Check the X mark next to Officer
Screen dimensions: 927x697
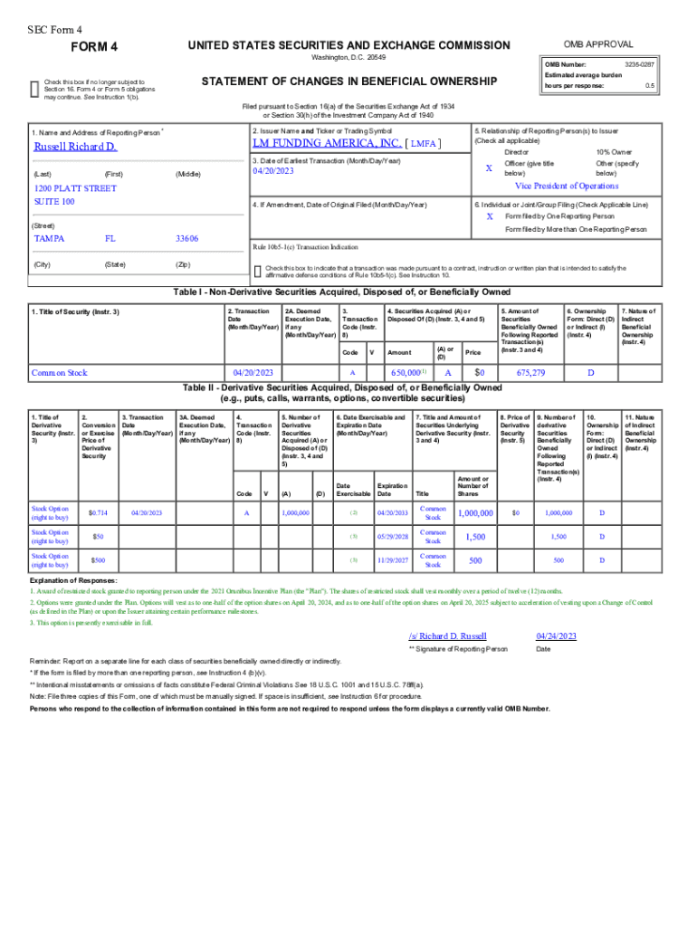click(489, 168)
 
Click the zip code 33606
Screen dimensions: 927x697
click(186, 239)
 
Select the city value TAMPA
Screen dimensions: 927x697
click(49, 239)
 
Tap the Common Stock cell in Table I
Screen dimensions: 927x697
click(59, 372)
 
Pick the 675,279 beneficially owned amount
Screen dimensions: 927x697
click(530, 372)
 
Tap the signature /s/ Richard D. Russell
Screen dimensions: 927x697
click(447, 636)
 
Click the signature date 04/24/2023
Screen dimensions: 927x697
click(556, 636)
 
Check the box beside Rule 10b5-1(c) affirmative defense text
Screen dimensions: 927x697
click(258, 270)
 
